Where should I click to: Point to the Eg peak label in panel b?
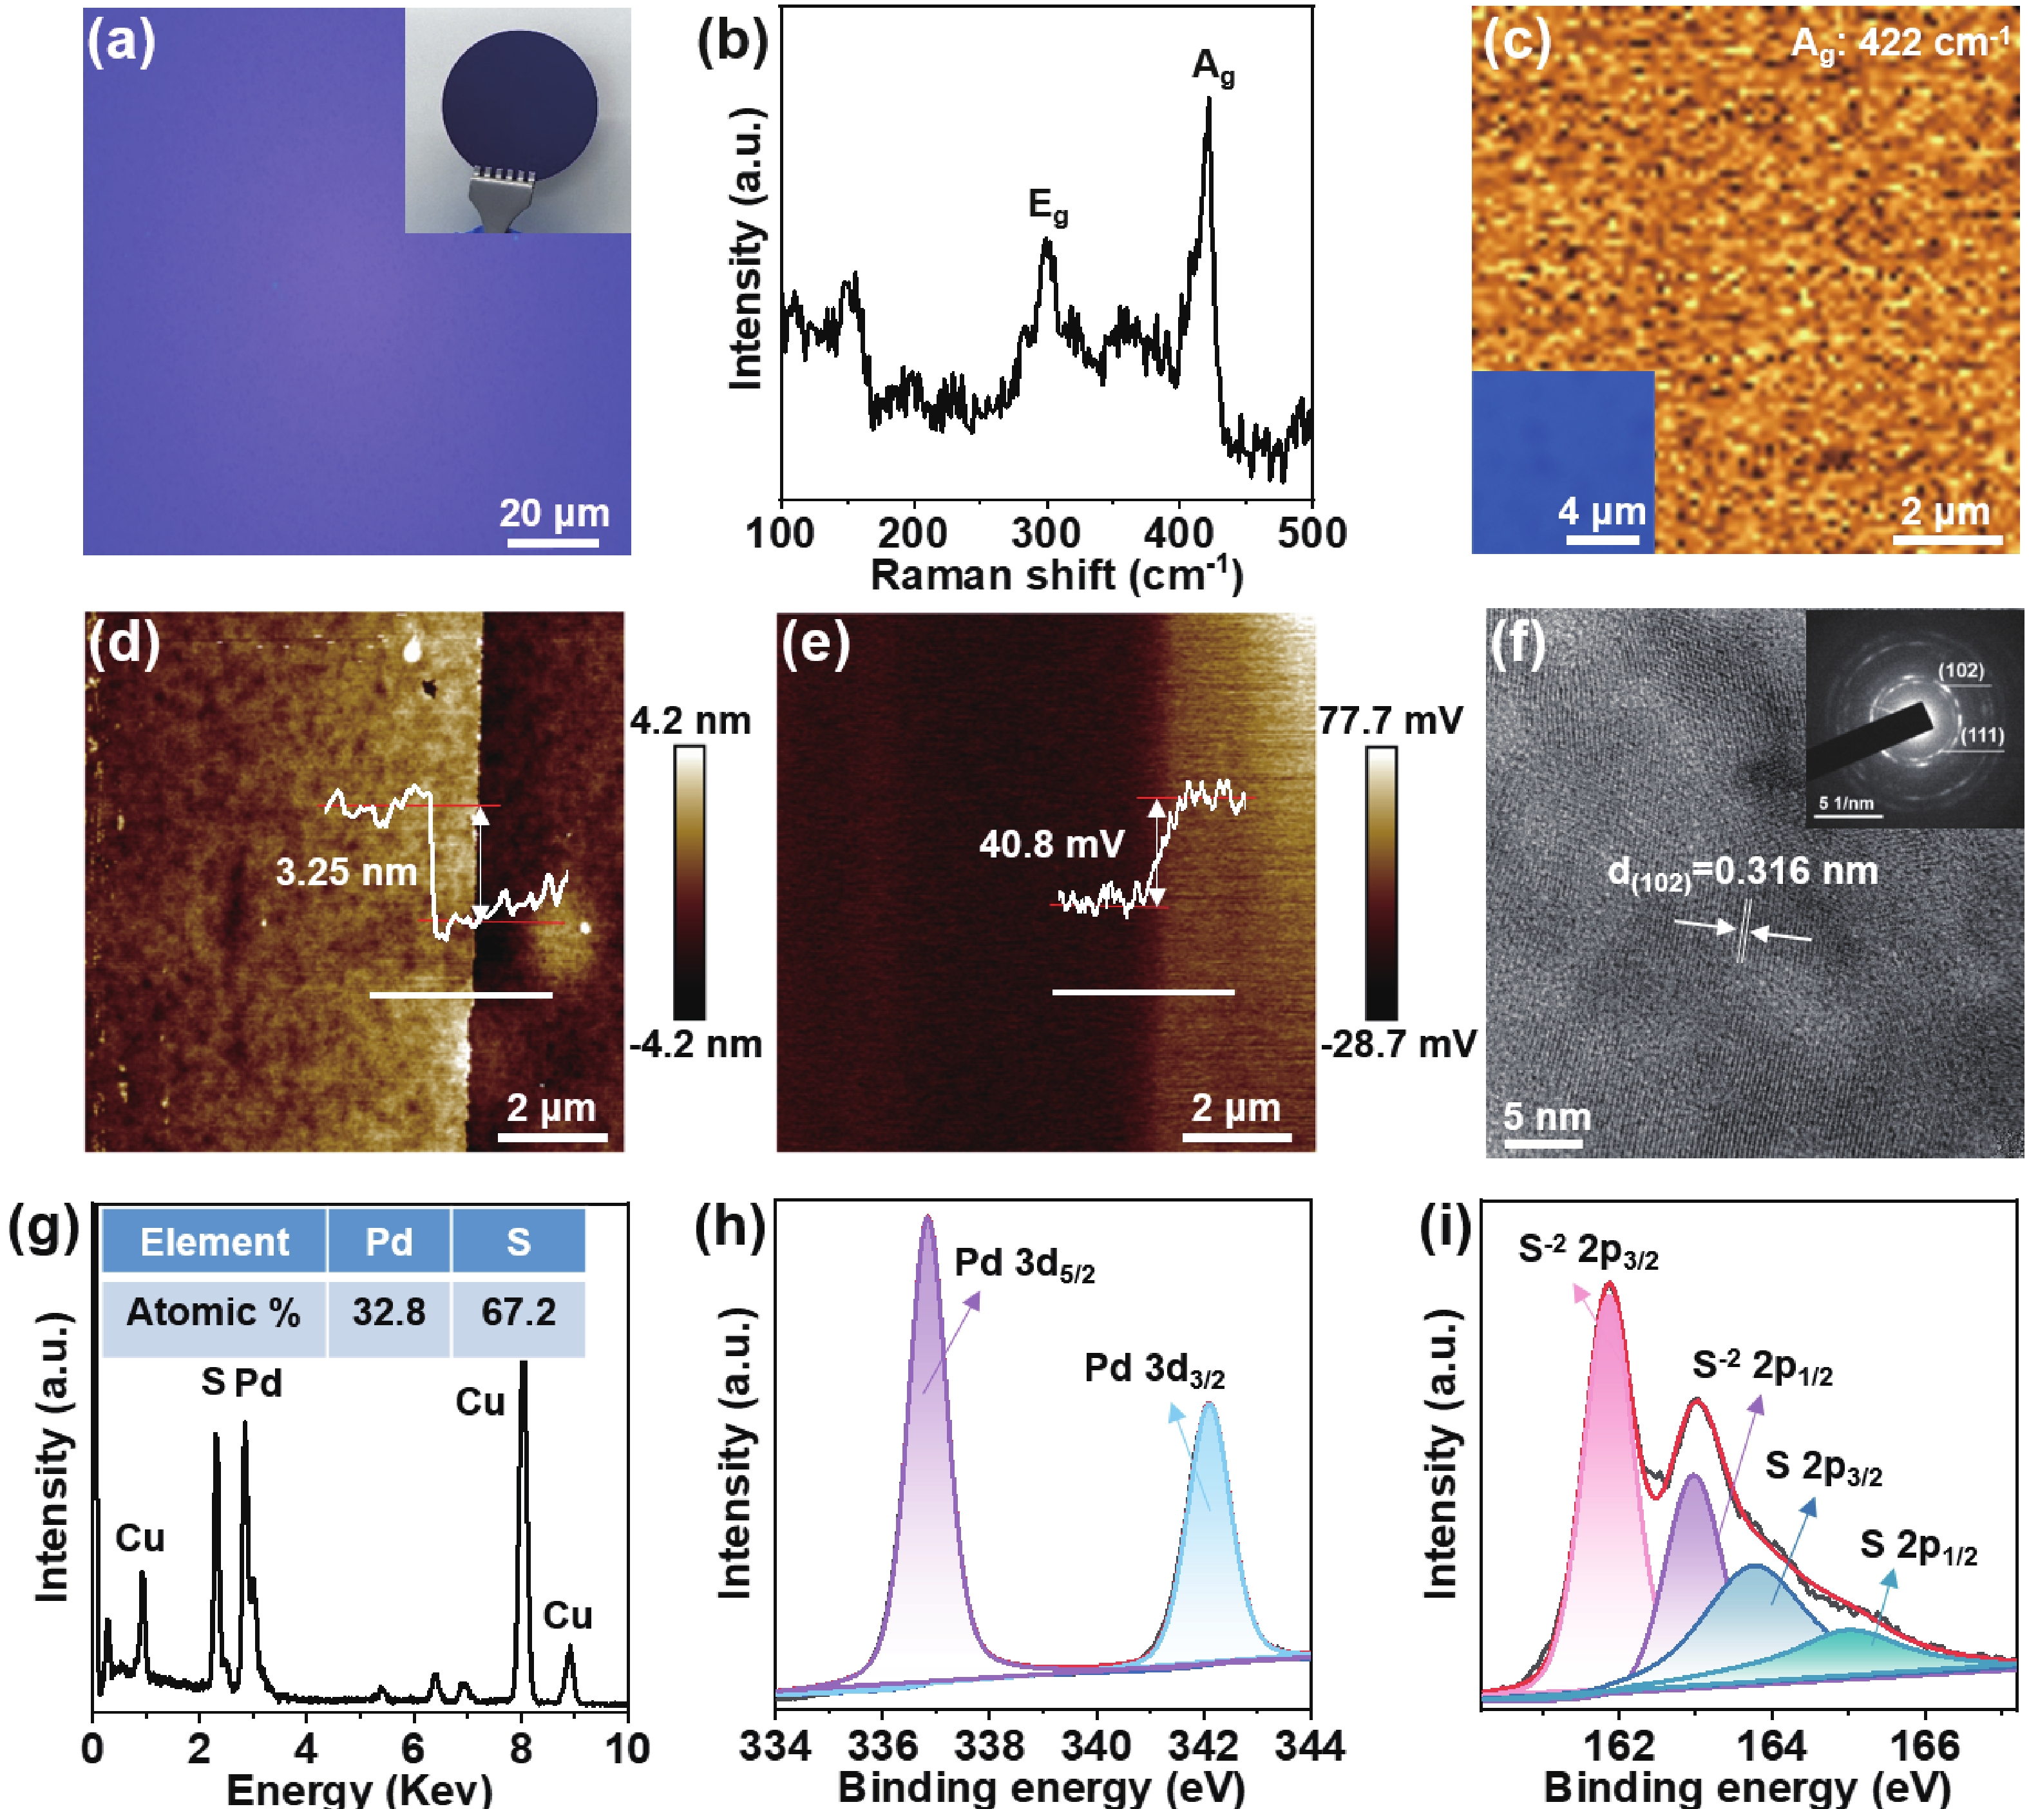click(x=1047, y=207)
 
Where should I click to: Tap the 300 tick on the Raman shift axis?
click(x=1045, y=534)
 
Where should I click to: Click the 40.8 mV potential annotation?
click(x=1051, y=845)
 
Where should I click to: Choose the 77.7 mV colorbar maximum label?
click(x=1390, y=721)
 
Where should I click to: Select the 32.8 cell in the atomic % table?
click(x=388, y=1312)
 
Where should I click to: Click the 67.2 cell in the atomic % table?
click(x=518, y=1312)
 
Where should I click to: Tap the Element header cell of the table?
click(x=214, y=1241)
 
